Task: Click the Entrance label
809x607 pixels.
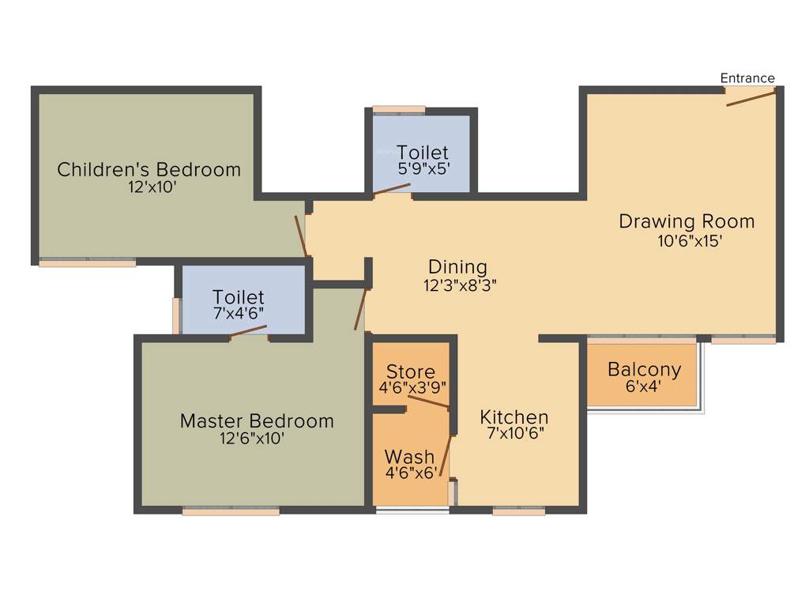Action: point(747,77)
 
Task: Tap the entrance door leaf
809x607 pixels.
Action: point(750,98)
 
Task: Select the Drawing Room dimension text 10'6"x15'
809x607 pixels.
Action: point(690,242)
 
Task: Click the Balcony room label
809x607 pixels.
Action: point(644,369)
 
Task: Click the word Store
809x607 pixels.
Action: point(411,371)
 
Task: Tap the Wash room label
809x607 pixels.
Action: point(409,457)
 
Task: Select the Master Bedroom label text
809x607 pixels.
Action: point(257,420)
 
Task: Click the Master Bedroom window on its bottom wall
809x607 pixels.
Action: point(231,511)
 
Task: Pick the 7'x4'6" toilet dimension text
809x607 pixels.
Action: point(238,313)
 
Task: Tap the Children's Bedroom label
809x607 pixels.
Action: point(149,169)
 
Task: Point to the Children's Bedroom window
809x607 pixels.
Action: point(88,262)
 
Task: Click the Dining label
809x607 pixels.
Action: point(457,267)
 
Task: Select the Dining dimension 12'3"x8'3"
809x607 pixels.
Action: point(459,285)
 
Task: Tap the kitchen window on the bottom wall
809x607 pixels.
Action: point(518,511)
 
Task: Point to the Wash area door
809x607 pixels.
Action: point(446,456)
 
